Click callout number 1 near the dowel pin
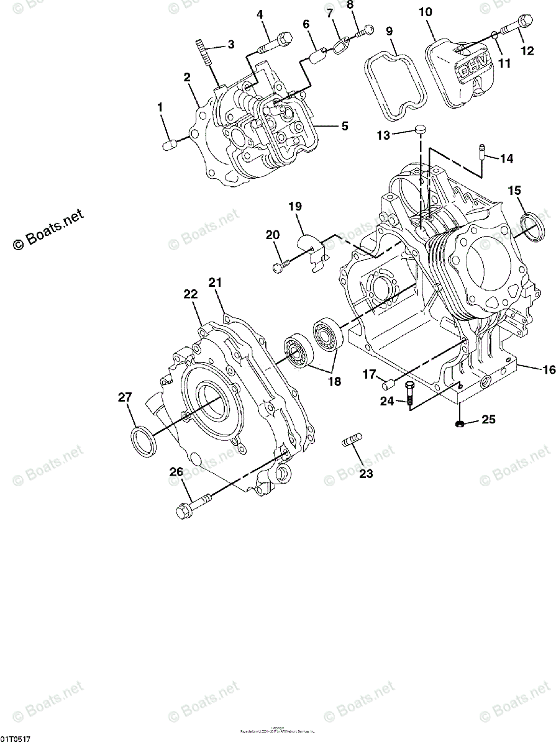coord(160,107)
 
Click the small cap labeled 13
coord(421,129)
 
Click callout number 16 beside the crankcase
coord(548,370)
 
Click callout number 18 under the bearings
coord(334,382)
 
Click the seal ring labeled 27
coord(142,441)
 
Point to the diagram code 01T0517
coord(16,739)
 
